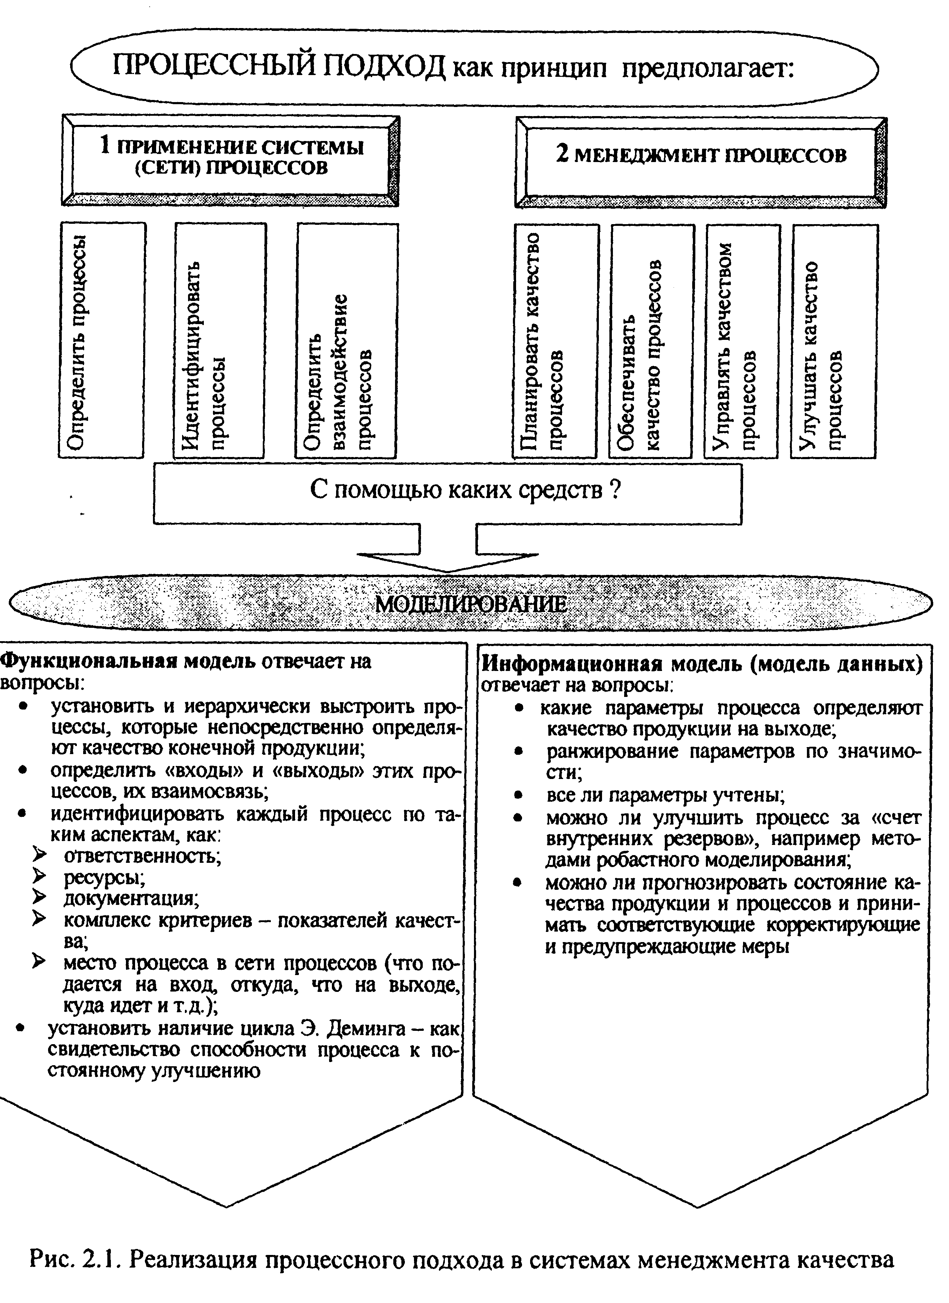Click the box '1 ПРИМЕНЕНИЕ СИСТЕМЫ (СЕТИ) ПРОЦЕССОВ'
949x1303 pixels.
[230, 160]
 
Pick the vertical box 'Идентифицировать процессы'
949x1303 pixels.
[219, 340]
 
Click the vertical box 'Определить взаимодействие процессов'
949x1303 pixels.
[347, 340]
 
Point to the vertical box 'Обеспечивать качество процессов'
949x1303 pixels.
[651, 340]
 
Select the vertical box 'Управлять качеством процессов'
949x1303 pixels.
[742, 340]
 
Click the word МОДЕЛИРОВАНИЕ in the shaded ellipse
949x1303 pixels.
[471, 604]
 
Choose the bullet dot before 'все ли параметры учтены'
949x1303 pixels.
[519, 796]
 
